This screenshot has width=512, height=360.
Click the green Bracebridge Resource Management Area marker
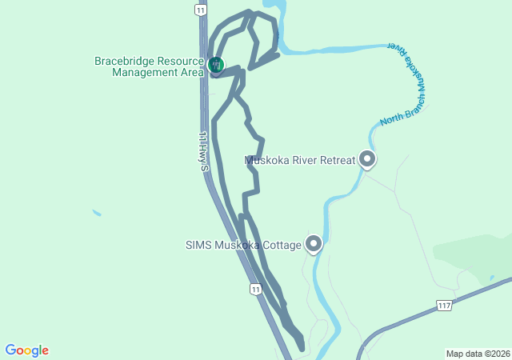click(214, 64)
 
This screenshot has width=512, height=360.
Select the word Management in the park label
click(146, 72)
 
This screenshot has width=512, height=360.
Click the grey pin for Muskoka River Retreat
click(367, 159)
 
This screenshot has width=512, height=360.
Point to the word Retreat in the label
click(336, 160)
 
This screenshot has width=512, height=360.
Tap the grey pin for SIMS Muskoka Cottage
click(314, 243)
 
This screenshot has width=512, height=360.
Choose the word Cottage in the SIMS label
click(281, 245)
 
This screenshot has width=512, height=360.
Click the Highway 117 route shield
click(445, 306)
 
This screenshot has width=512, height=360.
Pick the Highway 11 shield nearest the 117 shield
click(254, 289)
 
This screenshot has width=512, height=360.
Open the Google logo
click(27, 350)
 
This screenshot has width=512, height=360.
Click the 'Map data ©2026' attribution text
click(477, 354)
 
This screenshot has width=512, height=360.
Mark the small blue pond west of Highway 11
click(97, 213)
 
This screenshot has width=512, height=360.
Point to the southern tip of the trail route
click(302, 348)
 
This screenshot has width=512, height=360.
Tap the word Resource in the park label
click(180, 61)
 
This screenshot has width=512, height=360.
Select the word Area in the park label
click(193, 72)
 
